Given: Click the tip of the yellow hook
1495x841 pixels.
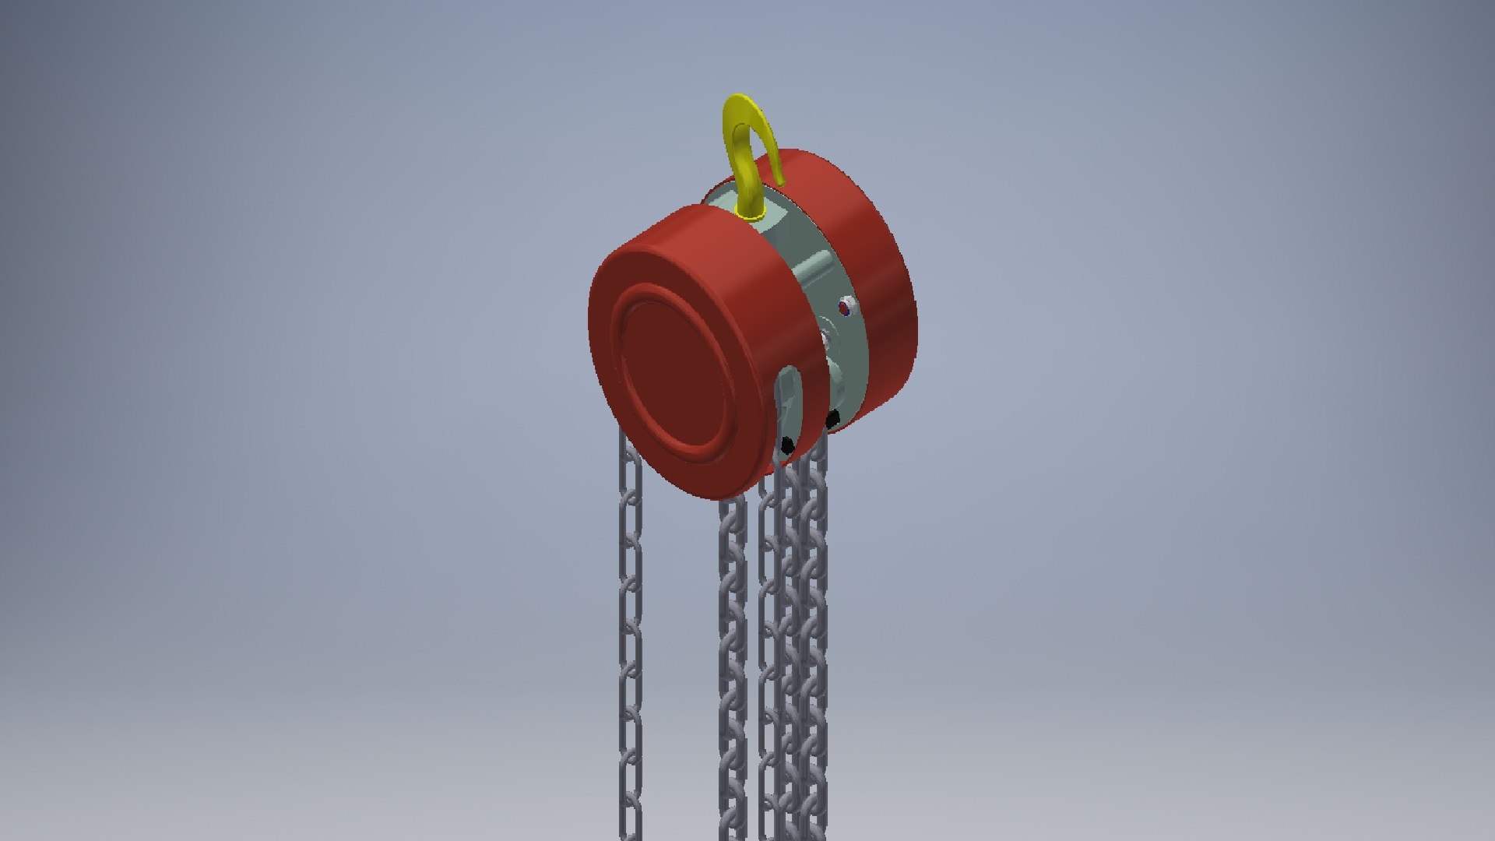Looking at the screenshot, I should (x=779, y=178).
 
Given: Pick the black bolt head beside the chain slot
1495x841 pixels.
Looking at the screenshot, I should (x=787, y=445).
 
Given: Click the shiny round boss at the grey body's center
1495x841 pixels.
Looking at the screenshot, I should (x=825, y=340).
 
